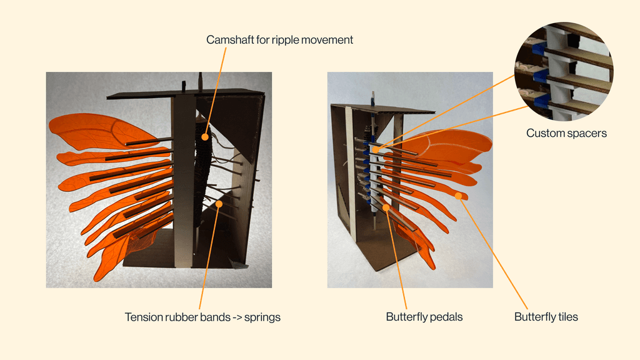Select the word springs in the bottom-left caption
262,317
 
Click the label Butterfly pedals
424,317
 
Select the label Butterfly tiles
546,317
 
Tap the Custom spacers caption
566,133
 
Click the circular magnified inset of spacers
564,70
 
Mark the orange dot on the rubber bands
219,204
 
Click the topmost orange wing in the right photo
450,144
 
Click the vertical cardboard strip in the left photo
184,181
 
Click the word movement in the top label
329,40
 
